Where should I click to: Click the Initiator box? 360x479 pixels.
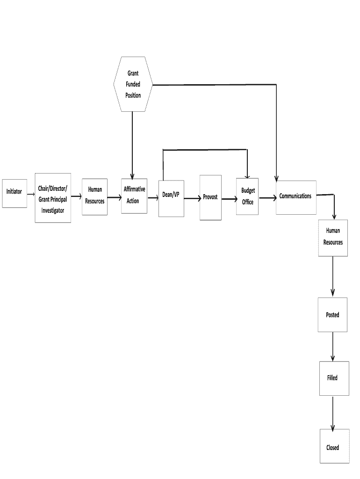[x=14, y=193]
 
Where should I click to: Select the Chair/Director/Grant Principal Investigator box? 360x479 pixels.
[x=53, y=198]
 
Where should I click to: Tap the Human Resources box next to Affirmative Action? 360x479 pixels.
[x=94, y=197]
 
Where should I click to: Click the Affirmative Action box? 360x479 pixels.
[x=134, y=196]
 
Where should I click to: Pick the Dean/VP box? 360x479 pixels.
[x=171, y=198]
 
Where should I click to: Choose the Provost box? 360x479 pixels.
[x=210, y=197]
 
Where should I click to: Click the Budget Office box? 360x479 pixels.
[x=247, y=196]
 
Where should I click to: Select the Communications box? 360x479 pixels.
[x=296, y=197]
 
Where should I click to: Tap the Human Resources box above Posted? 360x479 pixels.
[x=333, y=237]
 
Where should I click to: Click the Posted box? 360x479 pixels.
[x=332, y=315]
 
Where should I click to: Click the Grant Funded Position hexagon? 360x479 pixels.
[x=133, y=84]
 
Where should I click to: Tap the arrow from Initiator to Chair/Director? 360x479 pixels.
[x=31, y=193]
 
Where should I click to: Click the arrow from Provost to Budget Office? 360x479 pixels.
[x=229, y=199]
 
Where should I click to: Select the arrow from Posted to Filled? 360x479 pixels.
[x=332, y=346]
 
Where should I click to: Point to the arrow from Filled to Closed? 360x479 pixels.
[x=332, y=412]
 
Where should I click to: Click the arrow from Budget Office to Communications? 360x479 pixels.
[x=267, y=198]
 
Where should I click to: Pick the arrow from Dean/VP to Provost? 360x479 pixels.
[x=192, y=199]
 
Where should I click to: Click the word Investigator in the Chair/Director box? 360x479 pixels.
[x=53, y=210]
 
